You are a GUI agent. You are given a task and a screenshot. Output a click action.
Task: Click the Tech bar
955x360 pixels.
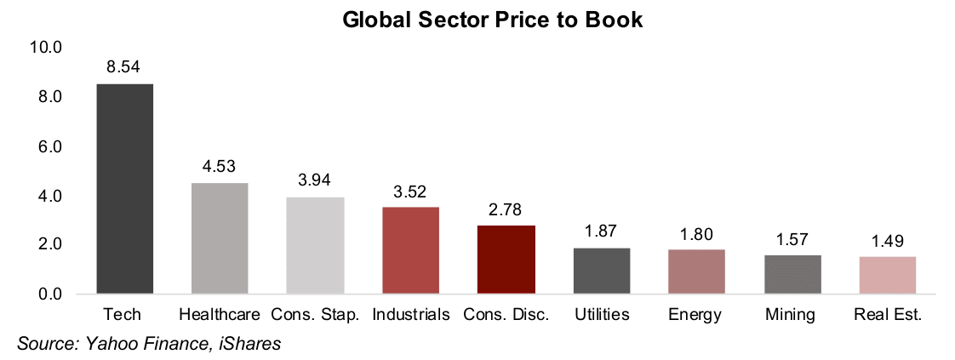point(124,189)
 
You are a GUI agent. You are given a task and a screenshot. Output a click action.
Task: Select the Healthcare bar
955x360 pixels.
point(220,238)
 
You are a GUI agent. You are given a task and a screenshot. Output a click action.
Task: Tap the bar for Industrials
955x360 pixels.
point(410,250)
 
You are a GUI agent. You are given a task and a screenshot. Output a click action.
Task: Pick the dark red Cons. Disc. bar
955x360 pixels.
point(506,260)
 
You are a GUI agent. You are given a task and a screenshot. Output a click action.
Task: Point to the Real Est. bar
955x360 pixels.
point(887,275)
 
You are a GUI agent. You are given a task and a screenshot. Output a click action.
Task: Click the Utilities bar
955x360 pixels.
point(601,271)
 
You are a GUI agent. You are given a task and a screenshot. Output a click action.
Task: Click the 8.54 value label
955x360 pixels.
point(124,66)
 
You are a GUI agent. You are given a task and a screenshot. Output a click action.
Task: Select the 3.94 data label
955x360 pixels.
point(315,180)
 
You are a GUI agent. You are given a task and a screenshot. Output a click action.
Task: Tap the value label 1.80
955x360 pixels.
point(696,232)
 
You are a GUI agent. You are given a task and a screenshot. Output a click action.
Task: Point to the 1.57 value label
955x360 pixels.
point(792,238)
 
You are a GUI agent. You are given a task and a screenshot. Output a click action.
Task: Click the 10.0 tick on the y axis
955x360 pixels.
point(46,48)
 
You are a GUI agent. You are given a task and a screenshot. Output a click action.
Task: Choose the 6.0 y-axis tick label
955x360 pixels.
point(49,146)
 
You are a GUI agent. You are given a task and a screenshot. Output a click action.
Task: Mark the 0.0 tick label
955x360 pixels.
point(49,294)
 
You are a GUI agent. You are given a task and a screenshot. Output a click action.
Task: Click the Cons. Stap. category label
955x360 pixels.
point(315,315)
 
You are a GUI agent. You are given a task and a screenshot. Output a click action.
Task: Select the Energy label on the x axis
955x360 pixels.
point(696,315)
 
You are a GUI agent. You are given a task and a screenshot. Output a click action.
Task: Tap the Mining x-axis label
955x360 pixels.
point(792,315)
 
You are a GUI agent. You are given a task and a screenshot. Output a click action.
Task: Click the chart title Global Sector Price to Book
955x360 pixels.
point(493,20)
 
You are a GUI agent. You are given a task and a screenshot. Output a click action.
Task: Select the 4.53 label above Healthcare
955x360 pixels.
point(220,165)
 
